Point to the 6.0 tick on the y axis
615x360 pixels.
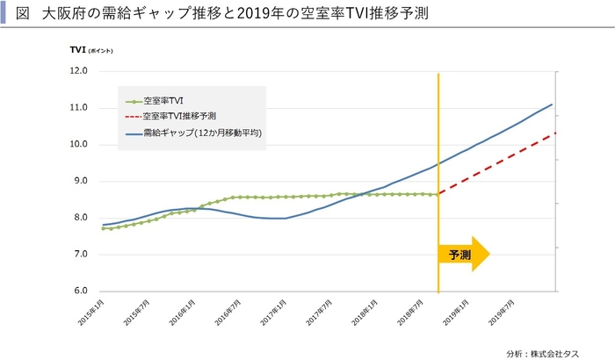tap(80, 291)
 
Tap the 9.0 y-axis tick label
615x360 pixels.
tap(80, 181)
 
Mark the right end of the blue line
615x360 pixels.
tap(552, 104)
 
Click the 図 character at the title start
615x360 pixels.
tap(23, 14)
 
